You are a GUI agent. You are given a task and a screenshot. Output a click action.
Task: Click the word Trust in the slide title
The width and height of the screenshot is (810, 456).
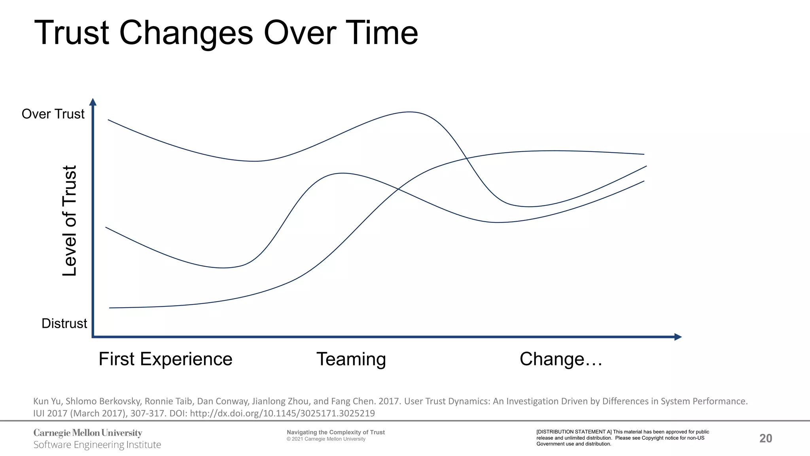click(72, 33)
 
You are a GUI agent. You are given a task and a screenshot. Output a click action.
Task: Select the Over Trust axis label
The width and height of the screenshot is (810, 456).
click(53, 114)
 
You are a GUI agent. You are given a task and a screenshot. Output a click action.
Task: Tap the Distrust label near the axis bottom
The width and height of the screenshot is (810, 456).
click(64, 323)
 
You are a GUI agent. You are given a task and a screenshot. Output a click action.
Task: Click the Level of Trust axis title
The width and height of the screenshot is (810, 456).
click(70, 221)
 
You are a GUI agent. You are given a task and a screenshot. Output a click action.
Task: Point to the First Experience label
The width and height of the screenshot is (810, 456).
click(165, 359)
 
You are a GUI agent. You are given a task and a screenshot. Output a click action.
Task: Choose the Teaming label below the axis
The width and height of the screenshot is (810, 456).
click(351, 359)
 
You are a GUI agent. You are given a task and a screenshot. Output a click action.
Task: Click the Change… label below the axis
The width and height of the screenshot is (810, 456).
click(561, 359)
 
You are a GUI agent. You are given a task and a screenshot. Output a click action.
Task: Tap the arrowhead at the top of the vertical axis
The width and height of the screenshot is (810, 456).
click(93, 102)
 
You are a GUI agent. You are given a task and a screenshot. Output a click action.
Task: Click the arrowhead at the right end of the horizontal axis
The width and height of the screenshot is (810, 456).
click(678, 337)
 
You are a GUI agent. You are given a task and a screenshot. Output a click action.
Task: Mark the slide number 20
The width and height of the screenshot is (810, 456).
click(766, 438)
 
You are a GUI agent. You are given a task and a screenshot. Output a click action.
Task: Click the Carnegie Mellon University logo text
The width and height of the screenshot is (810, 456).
click(88, 433)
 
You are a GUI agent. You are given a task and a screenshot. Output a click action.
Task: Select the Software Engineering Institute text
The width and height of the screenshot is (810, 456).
click(97, 445)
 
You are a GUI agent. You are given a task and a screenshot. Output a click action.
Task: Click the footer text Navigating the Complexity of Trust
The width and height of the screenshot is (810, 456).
click(336, 432)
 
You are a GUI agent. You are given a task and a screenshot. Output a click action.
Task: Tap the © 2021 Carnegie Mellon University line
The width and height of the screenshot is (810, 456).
click(326, 439)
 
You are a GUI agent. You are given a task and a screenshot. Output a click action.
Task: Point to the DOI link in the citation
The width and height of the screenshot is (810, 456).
click(282, 413)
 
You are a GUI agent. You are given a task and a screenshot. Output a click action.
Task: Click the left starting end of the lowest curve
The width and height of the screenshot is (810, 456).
click(110, 308)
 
